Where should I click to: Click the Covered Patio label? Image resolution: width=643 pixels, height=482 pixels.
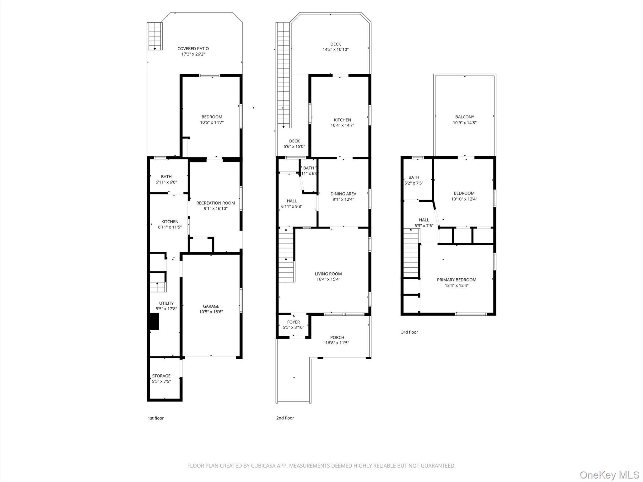coord(193,49)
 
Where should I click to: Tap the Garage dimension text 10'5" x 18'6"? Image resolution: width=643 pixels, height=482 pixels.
coord(211,312)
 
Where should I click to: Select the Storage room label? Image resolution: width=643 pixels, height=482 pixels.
coord(161,376)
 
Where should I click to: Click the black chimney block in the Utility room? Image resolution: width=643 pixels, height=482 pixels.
coord(154,322)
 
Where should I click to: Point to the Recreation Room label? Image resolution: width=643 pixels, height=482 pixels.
coord(215,203)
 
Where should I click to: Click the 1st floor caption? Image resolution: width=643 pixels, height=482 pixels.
coord(156,418)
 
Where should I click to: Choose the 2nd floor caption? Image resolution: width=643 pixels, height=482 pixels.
coord(285,418)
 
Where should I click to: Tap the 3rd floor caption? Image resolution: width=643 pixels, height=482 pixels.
coord(409,332)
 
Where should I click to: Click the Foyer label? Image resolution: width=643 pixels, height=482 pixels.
coord(293,322)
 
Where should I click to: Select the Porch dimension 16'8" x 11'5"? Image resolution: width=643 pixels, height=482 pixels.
coord(337,343)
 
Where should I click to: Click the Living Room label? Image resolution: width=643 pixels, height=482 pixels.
coord(328,274)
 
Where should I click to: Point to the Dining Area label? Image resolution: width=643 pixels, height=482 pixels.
coord(343,194)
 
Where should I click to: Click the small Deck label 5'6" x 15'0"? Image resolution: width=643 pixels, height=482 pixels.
coord(294,144)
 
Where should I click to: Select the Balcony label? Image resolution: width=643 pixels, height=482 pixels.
coord(464,117)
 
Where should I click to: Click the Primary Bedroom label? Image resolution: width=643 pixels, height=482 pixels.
coord(457,280)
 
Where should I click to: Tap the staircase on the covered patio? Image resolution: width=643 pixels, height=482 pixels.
coord(155,36)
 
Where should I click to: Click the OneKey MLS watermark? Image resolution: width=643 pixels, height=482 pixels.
coord(609,475)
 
